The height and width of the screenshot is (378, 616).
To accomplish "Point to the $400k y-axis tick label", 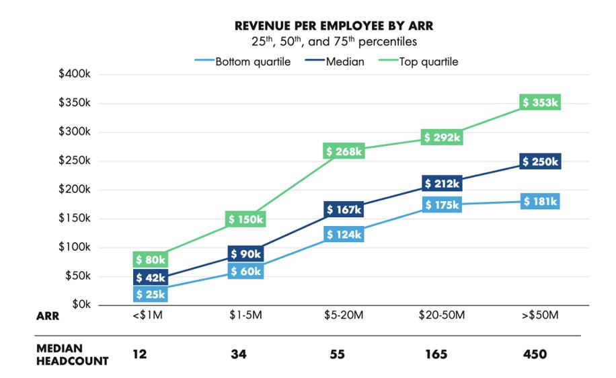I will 75,74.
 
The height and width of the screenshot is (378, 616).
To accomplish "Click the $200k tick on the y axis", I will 75,190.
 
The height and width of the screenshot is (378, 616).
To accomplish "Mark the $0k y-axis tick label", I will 79,305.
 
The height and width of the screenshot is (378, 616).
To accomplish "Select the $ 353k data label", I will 541,102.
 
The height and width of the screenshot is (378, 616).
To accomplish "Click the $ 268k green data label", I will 344,151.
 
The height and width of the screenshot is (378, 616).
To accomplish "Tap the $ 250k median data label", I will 541,162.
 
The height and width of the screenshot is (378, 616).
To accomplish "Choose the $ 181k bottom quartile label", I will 541,202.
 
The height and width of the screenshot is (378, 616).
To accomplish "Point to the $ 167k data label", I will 344,210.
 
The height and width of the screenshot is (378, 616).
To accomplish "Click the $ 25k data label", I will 151,294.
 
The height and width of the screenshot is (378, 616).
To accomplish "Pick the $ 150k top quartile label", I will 245,219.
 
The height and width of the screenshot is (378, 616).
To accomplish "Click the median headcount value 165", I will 436,354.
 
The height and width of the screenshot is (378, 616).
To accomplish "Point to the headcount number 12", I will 139,354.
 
